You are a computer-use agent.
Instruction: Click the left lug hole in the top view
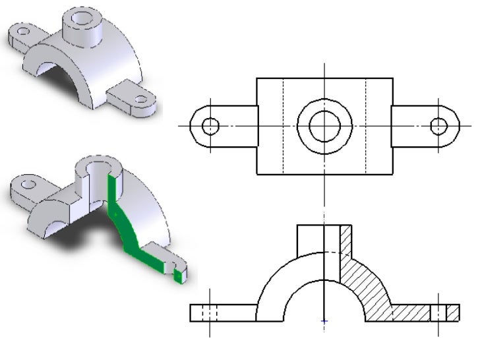210,126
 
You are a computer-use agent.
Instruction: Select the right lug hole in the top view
438,126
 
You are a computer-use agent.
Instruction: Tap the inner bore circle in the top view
324,126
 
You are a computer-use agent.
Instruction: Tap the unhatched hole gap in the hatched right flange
438,313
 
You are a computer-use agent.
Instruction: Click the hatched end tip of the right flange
453,313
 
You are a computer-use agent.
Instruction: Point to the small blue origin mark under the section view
324,321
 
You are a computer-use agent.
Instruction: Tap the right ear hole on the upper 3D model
140,100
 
